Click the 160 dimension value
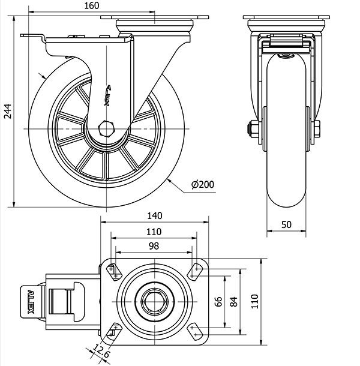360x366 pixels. click(x=92, y=6)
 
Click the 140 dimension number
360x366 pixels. click(x=154, y=215)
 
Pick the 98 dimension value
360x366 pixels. click(x=154, y=246)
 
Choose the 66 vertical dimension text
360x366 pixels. click(x=218, y=302)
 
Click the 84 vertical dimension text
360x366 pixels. click(x=233, y=302)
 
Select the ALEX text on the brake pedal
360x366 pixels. click(x=31, y=302)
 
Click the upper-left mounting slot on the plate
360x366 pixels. click(x=113, y=271)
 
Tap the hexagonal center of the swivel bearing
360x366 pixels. click(x=154, y=301)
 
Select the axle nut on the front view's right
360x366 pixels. click(x=316, y=128)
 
